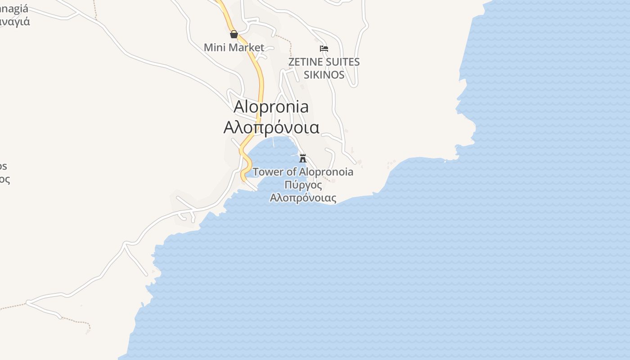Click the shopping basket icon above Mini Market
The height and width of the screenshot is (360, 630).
234,34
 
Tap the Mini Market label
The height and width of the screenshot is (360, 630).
234,47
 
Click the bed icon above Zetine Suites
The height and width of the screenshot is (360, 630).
324,48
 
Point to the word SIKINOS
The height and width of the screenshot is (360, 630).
324,75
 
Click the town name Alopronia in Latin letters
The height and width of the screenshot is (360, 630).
271,107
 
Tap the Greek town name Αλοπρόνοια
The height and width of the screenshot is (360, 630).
271,127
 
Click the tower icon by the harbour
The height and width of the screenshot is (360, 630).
303,158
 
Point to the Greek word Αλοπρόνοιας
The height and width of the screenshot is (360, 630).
303,198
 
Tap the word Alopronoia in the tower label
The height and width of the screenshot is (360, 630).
326,172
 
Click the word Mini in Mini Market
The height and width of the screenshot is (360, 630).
214,47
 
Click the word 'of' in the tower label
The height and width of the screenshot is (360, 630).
291,172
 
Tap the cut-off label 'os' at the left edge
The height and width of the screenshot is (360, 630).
3,166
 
